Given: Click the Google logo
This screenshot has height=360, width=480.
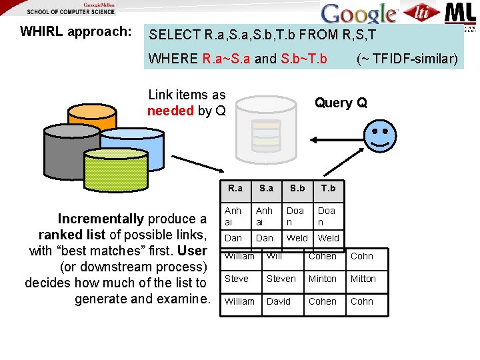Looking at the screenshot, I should click(359, 14).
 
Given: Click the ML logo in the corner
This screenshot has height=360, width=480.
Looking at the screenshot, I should click(459, 13).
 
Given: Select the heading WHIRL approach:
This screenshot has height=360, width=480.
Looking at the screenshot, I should click(75, 31).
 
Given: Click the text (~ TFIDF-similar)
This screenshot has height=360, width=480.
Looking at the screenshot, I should click(407, 59).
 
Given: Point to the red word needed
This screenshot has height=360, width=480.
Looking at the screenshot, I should click(170, 111).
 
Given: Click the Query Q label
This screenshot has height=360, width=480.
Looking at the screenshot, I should click(341, 103).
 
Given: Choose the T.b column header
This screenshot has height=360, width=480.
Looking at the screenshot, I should click(328, 188).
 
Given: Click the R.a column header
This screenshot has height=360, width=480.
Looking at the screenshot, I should click(235, 188).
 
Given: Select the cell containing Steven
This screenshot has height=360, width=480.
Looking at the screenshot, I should click(281, 279).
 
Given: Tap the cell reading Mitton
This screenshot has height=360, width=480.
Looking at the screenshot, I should click(363, 279).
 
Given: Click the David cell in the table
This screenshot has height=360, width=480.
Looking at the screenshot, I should click(279, 301).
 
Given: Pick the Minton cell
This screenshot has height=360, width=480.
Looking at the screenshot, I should click(323, 279).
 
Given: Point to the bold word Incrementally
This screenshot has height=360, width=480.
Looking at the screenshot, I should click(101, 219).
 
